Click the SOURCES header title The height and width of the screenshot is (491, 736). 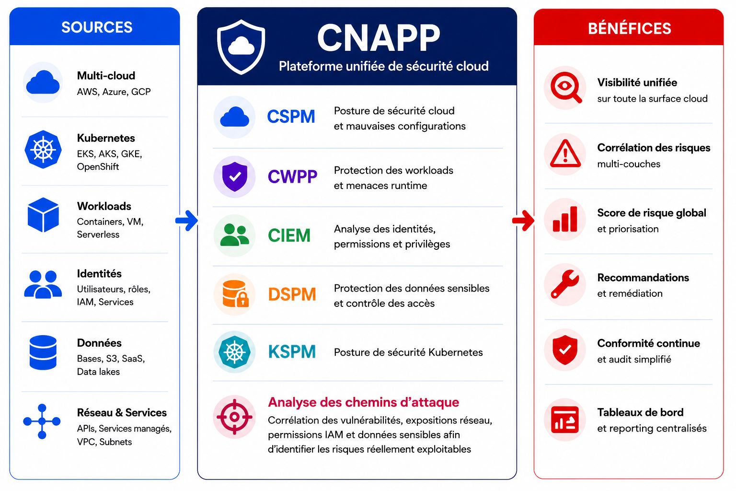point(97,27)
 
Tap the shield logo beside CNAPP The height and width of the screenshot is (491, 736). point(241,47)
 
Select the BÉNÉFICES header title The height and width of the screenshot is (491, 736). point(630,28)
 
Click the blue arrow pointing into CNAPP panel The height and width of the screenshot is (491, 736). point(186,221)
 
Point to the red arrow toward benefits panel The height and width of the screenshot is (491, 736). point(523,221)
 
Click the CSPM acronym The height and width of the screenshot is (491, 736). point(291,117)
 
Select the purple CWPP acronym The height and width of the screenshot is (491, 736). point(292,176)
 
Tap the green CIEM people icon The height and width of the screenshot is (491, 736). point(234,235)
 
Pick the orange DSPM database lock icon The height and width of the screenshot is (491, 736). point(235,293)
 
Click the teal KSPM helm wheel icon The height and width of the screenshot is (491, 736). point(234,352)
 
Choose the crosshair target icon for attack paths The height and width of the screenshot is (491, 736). point(234,417)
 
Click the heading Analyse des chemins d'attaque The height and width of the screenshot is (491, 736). point(363,402)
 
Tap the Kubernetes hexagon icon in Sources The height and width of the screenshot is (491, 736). point(43,149)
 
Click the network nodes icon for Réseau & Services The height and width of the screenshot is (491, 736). point(42,421)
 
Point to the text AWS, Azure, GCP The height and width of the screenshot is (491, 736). point(114,92)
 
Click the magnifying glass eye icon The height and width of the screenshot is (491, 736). point(566,87)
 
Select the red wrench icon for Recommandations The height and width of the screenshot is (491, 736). point(565,284)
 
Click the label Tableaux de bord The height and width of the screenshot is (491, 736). point(640,412)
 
